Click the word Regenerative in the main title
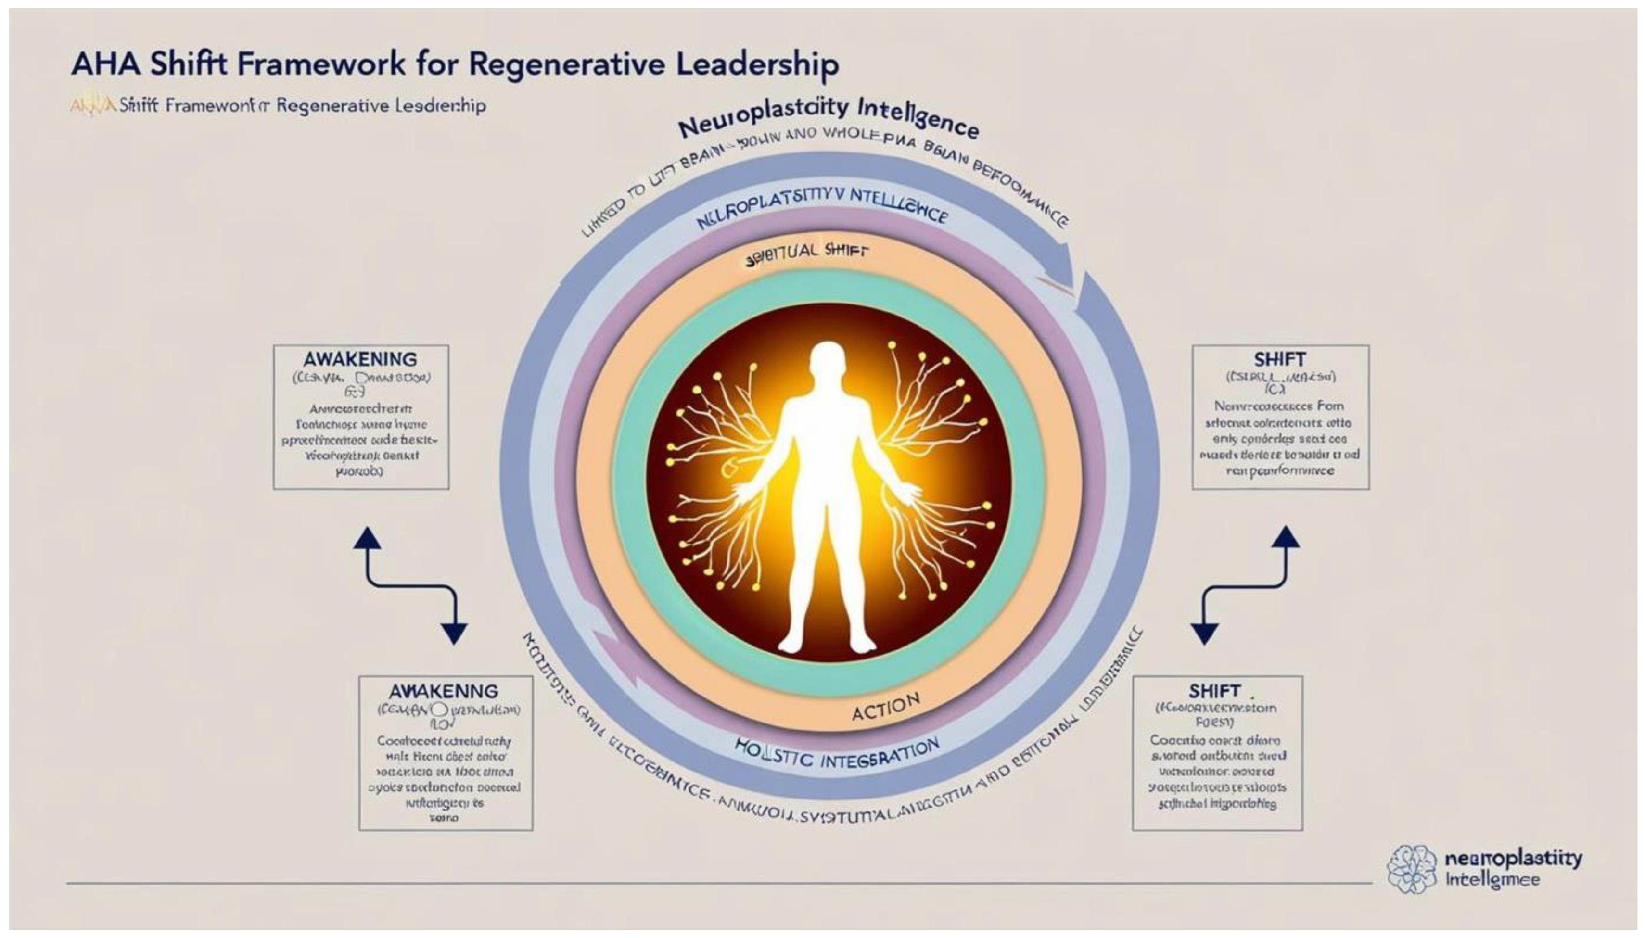[x=568, y=64]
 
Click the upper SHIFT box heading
[x=1280, y=359]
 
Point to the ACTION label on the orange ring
[x=885, y=708]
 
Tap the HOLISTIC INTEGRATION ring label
[x=836, y=754]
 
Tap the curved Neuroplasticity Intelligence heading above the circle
[x=828, y=117]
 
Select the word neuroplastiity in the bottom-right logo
[x=1513, y=859]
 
